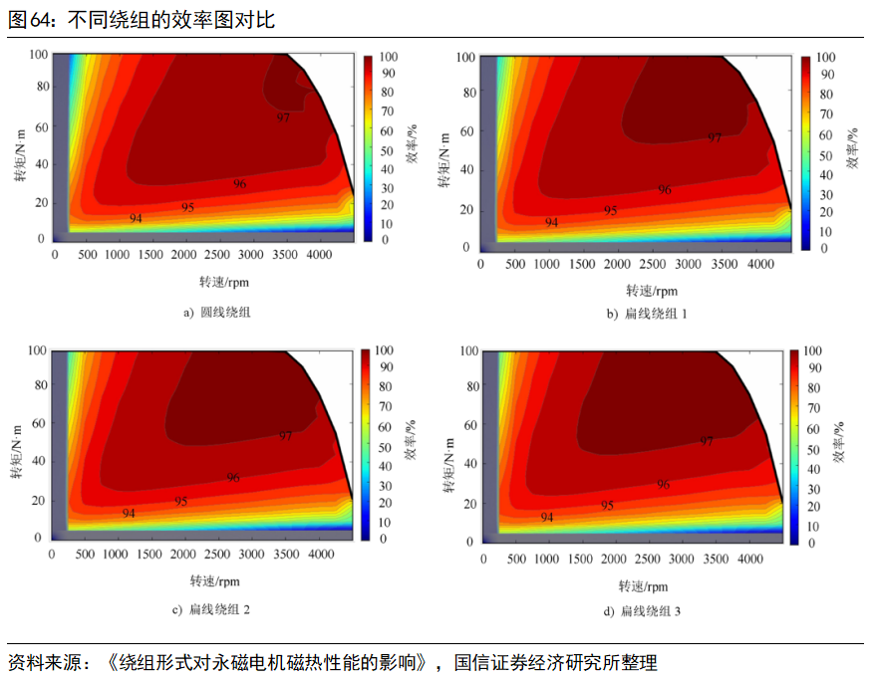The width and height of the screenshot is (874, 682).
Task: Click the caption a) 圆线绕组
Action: coord(216,313)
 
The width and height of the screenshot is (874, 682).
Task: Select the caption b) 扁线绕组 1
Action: coord(647,314)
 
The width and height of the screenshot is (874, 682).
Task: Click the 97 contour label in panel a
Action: coord(283,117)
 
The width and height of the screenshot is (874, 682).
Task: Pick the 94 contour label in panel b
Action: coord(551,223)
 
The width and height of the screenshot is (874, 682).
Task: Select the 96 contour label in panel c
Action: coord(232,478)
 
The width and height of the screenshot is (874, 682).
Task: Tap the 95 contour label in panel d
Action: coord(607,506)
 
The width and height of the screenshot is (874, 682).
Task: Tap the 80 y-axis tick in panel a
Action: coord(42,86)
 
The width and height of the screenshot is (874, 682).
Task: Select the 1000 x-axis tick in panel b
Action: coord(547,265)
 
